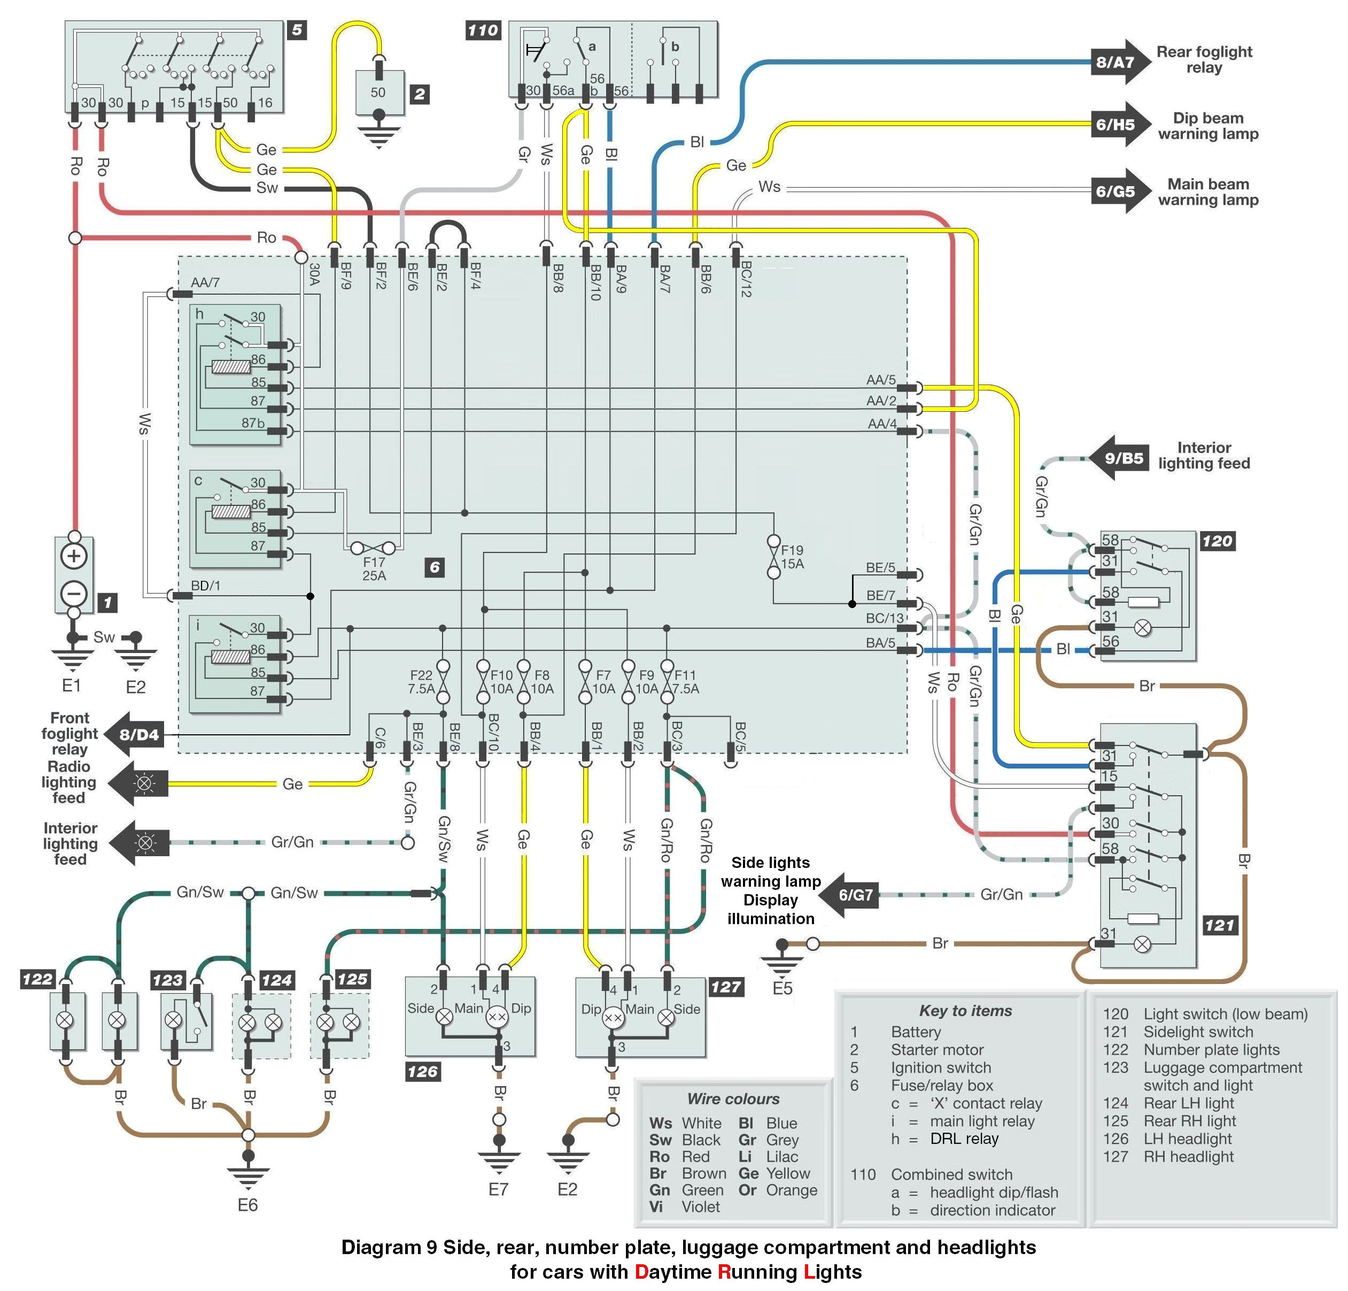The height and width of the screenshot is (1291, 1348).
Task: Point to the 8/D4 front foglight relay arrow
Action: pos(135,734)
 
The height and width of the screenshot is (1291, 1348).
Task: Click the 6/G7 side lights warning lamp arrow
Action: pos(851,895)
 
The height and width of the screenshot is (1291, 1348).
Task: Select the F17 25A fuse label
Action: pos(374,568)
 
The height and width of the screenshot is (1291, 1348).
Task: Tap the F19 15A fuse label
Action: pos(792,557)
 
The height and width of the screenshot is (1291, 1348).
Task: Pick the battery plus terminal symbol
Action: pos(74,557)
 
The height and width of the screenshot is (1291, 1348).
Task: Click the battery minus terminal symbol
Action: pos(74,593)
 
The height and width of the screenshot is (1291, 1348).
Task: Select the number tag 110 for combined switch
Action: pos(483,30)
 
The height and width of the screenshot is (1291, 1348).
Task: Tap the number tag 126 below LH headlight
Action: pos(422,1072)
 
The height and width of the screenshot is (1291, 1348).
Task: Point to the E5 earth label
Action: pos(782,988)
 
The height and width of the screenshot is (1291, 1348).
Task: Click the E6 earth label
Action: pos(247,1205)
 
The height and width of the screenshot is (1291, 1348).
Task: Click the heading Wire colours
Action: pos(733,1099)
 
